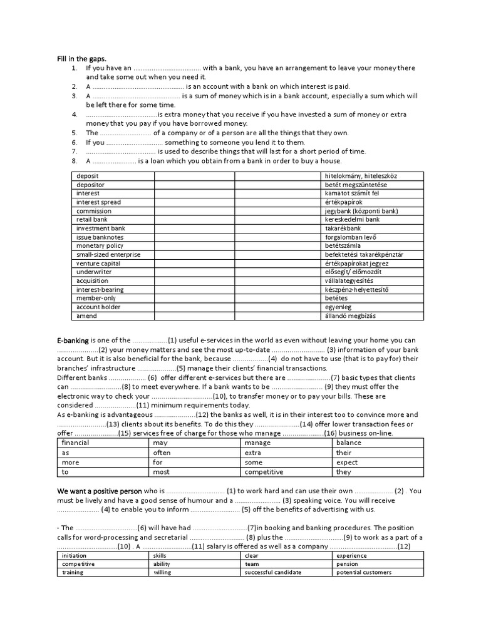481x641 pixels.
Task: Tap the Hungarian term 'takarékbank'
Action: pos(343,228)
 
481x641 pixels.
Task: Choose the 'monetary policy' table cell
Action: pos(100,246)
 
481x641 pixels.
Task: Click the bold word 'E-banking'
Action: pos(73,340)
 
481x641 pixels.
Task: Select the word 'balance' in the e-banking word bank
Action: pos(349,443)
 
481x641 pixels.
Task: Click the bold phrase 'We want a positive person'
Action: pos(100,491)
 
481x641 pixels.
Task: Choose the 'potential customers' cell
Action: pos(363,572)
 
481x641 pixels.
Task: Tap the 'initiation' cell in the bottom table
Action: pos(75,555)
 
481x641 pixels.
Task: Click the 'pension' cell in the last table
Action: pos(348,563)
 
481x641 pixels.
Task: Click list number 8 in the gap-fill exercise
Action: pos(74,161)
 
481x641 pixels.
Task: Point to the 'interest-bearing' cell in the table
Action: pos(100,290)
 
